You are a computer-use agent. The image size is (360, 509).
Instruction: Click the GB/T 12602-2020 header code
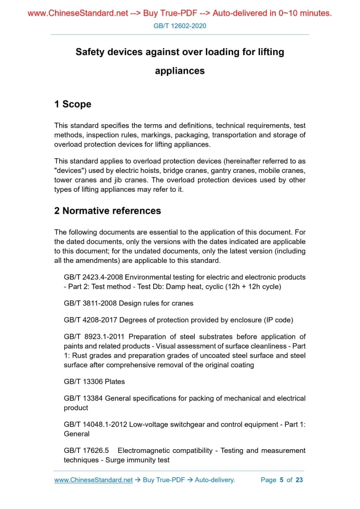pos(180,25)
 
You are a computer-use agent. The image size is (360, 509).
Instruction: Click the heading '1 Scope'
pos(73,104)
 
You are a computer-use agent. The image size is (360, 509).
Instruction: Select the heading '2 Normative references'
pos(108,211)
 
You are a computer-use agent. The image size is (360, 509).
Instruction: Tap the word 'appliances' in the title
pos(180,71)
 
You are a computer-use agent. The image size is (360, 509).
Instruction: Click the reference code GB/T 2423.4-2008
pos(94,277)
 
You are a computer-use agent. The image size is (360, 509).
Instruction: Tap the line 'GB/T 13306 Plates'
pos(94,382)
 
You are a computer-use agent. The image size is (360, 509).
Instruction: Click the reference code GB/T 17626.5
pos(86,450)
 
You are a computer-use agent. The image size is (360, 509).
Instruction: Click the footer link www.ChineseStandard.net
pos(94,480)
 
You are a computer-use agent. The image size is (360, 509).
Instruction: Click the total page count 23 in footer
pos(299,480)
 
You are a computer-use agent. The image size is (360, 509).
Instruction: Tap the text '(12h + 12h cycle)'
pos(250,287)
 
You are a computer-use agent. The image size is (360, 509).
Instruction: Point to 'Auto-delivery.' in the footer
pos(215,480)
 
